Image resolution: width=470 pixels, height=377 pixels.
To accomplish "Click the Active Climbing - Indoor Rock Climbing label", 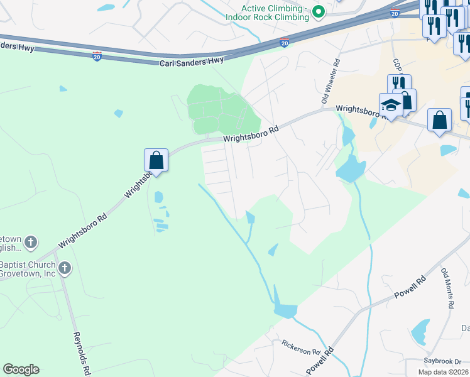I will tap(276, 13).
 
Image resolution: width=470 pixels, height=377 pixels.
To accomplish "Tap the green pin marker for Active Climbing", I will tap(319, 11).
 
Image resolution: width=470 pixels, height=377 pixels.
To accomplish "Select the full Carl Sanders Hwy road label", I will tap(192, 60).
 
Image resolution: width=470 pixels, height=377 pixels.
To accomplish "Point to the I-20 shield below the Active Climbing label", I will tap(284, 42).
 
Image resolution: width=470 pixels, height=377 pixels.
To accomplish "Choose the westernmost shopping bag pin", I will tap(156, 161).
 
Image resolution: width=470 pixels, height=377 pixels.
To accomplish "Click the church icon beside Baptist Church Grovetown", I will tap(64, 270).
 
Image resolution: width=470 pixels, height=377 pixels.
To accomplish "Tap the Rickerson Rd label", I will tap(302, 346).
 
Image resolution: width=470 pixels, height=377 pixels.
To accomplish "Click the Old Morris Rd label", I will tap(447, 288).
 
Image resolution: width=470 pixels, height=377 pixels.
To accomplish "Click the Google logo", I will tap(21, 369).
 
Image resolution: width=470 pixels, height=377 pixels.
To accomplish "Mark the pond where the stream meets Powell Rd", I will tap(285, 310).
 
